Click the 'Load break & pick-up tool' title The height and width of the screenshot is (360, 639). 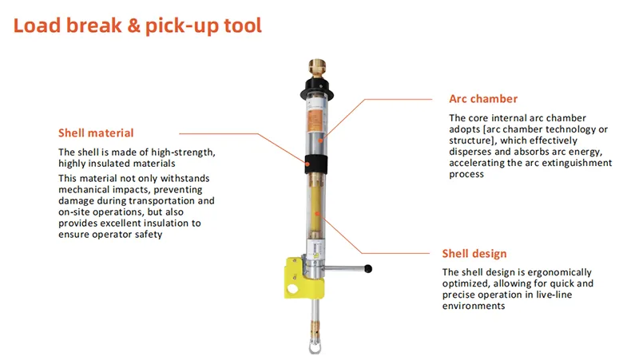tap(137, 26)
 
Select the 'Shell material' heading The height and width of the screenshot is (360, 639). tap(96, 133)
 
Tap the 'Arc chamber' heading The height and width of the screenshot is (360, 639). tap(483, 98)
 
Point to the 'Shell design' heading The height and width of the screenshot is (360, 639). tap(474, 253)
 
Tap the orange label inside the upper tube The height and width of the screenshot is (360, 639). tap(315, 121)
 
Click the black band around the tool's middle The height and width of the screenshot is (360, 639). tap(316, 164)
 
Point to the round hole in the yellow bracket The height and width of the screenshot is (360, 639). tap(292, 289)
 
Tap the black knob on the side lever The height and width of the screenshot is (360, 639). tap(368, 269)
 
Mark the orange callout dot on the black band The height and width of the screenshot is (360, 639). tap(308, 164)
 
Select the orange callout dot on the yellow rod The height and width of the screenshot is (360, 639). tap(316, 213)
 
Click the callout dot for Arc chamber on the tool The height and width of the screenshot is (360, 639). tap(321, 141)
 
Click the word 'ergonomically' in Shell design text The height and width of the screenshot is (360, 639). tap(563, 272)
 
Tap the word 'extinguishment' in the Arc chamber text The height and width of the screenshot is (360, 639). tap(576, 163)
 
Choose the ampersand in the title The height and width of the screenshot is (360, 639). tap(133, 26)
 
